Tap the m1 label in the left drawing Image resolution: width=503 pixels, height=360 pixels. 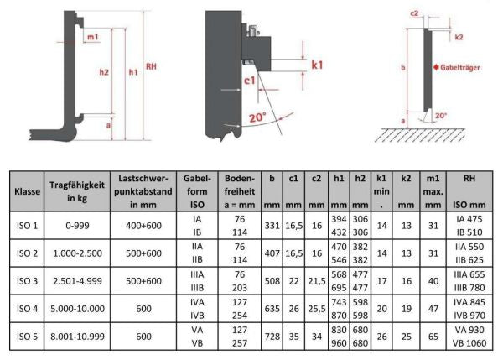(93, 38)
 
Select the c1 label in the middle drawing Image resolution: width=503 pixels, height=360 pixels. (250, 81)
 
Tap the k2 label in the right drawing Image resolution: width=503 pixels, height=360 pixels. (459, 38)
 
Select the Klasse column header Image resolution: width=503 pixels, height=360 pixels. (29, 190)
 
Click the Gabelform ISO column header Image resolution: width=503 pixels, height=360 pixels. (195, 190)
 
